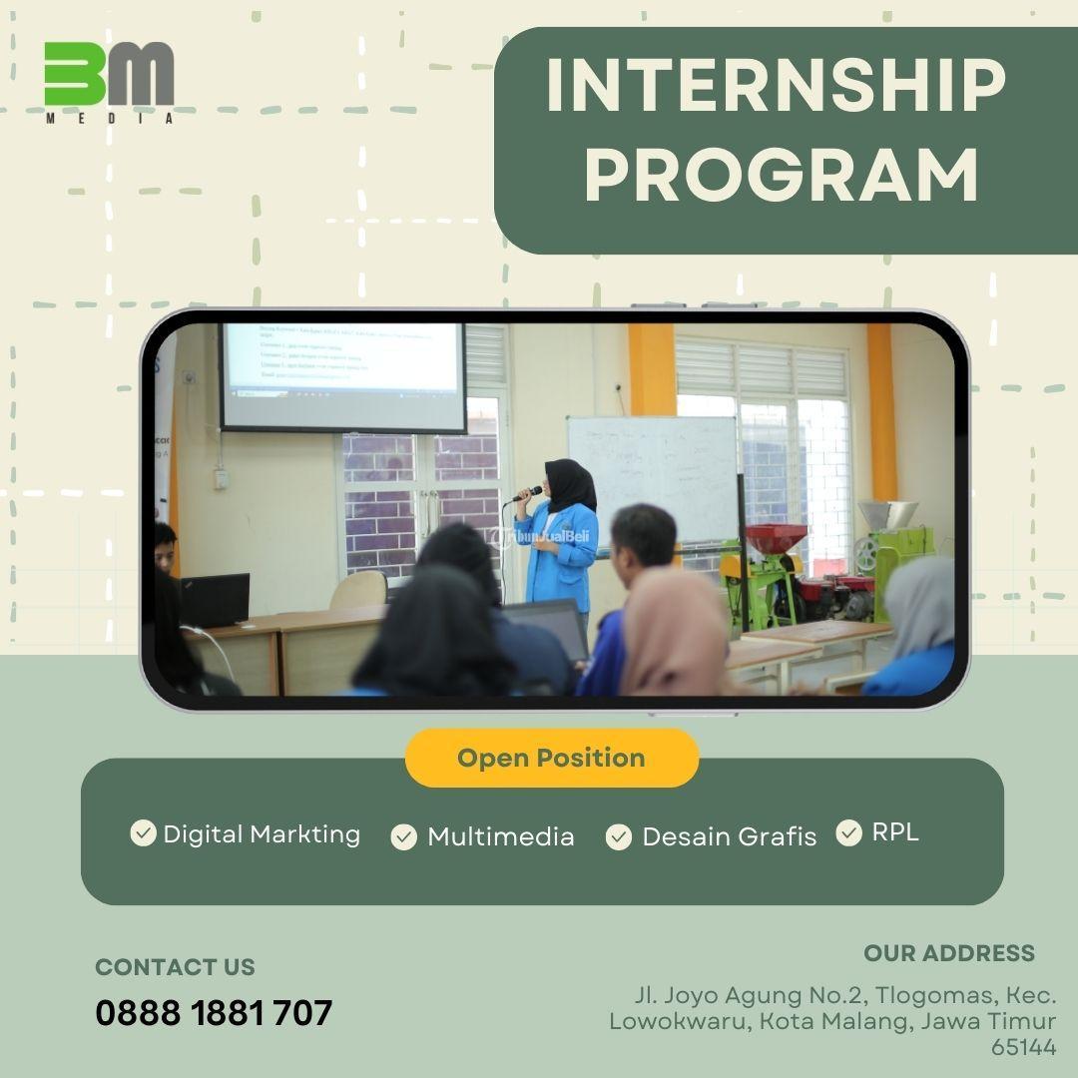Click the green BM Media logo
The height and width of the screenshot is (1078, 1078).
[x=109, y=80]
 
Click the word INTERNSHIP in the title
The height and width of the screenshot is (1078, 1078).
[x=776, y=86]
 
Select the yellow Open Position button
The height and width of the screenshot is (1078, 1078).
[x=551, y=758]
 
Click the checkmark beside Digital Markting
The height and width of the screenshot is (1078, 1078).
[x=143, y=832]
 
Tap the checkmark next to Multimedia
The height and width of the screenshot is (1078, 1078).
[x=403, y=836]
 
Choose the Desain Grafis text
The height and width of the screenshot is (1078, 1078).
[x=729, y=836]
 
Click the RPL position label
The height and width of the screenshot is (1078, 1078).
[x=895, y=832]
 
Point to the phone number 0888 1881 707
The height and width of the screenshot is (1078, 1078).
[x=214, y=1013]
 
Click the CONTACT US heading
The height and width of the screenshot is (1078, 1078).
[x=175, y=966]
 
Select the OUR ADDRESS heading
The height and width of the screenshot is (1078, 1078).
[x=948, y=953]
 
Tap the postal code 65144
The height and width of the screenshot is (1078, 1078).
[x=1023, y=1046]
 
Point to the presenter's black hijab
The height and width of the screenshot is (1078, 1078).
[x=571, y=484]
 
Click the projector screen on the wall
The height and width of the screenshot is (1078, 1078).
[x=343, y=374]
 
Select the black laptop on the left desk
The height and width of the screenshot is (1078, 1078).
[x=215, y=599]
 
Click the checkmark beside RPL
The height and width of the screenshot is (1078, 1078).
[x=848, y=832]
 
